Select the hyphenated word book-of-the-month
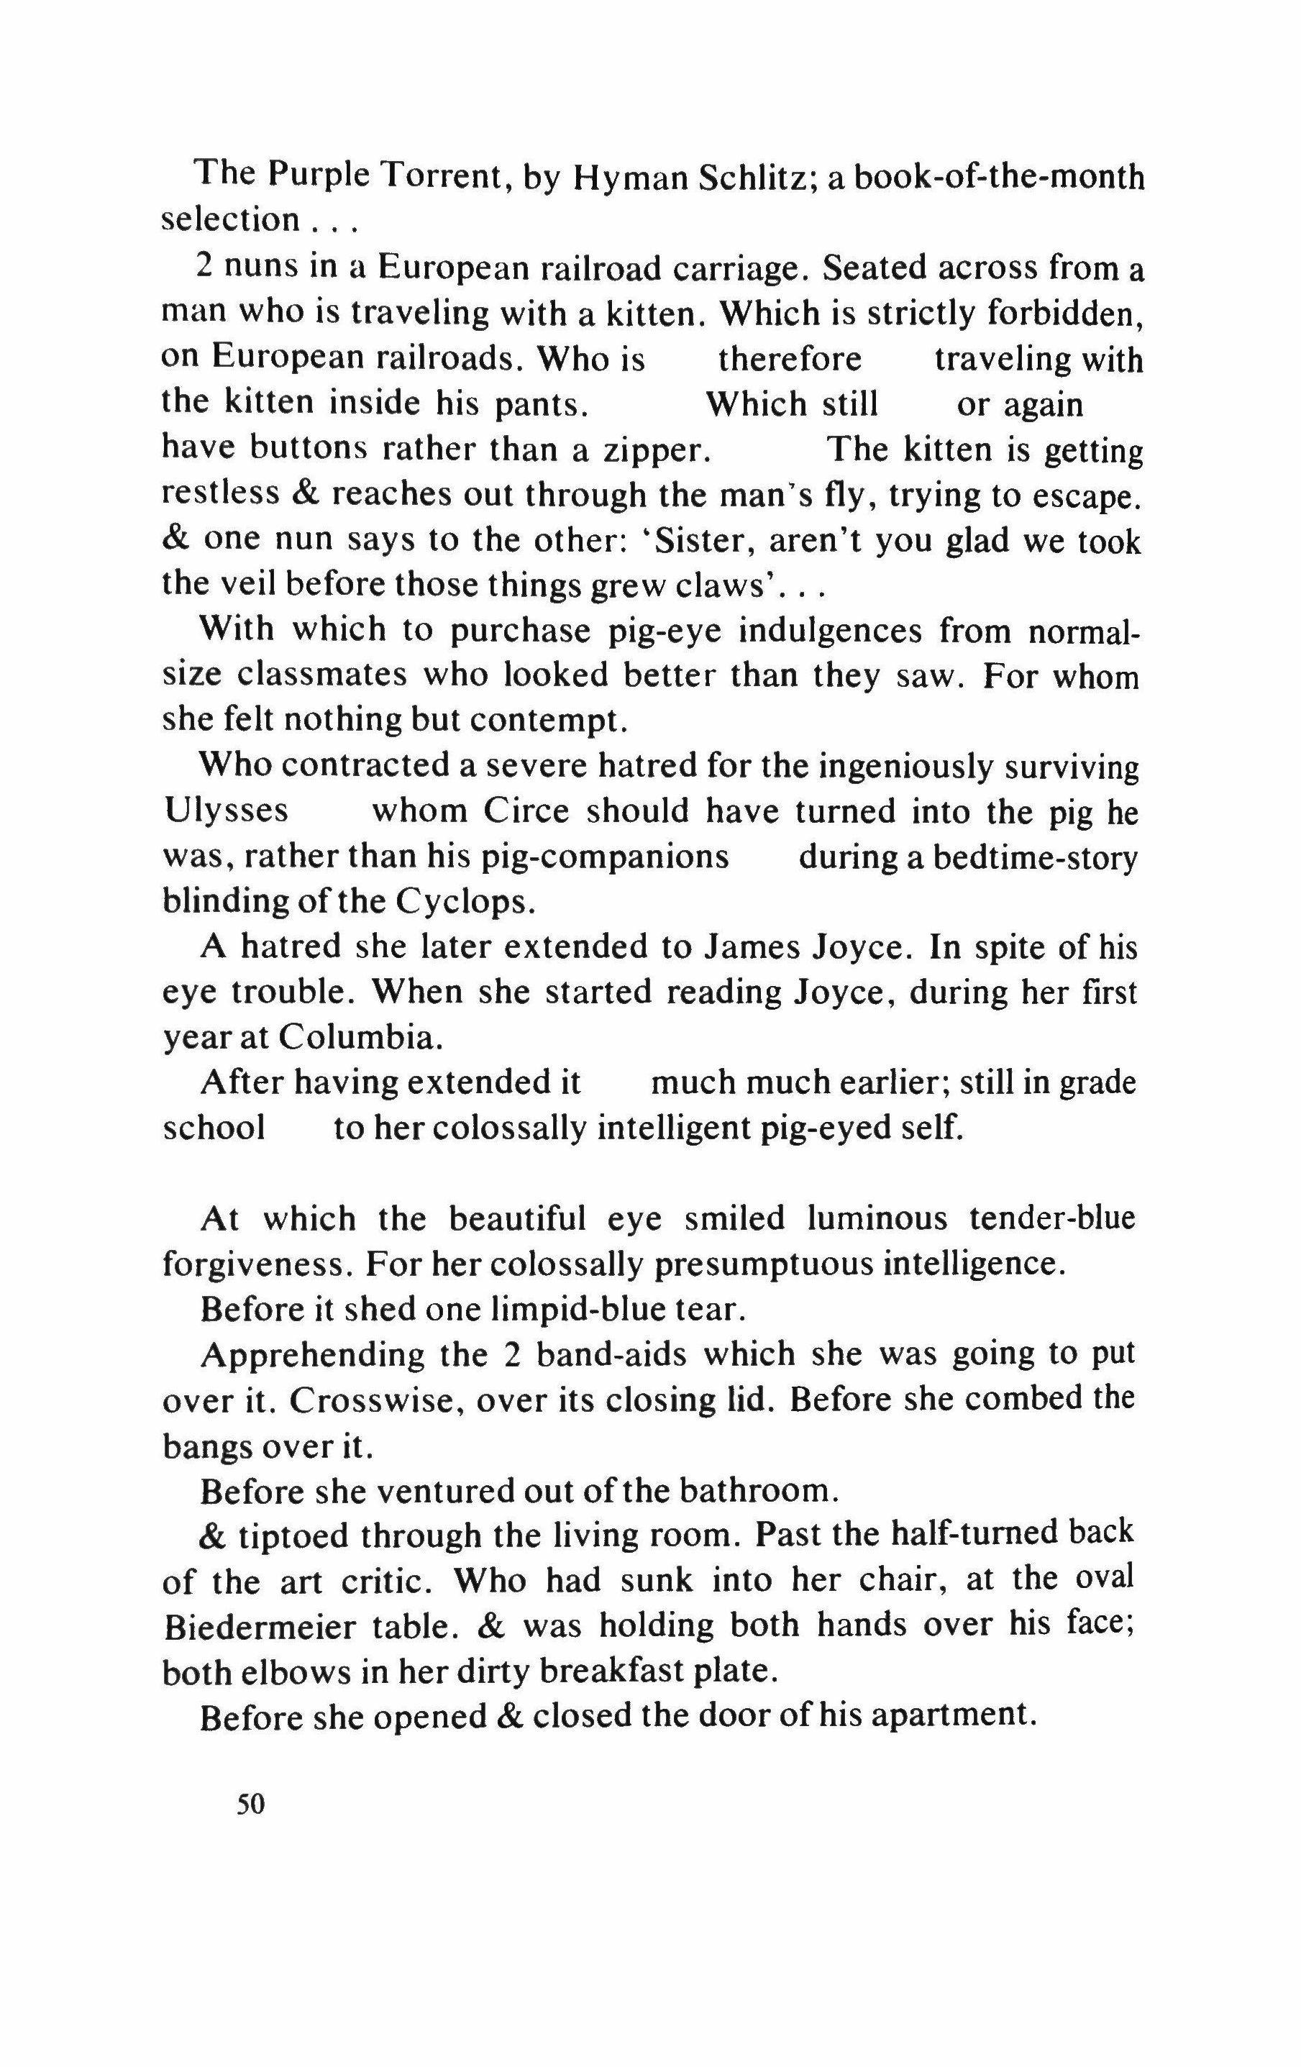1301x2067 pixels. click(999, 178)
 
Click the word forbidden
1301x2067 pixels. click(1064, 314)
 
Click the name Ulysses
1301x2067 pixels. click(226, 811)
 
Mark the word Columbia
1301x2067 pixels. click(360, 1038)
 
